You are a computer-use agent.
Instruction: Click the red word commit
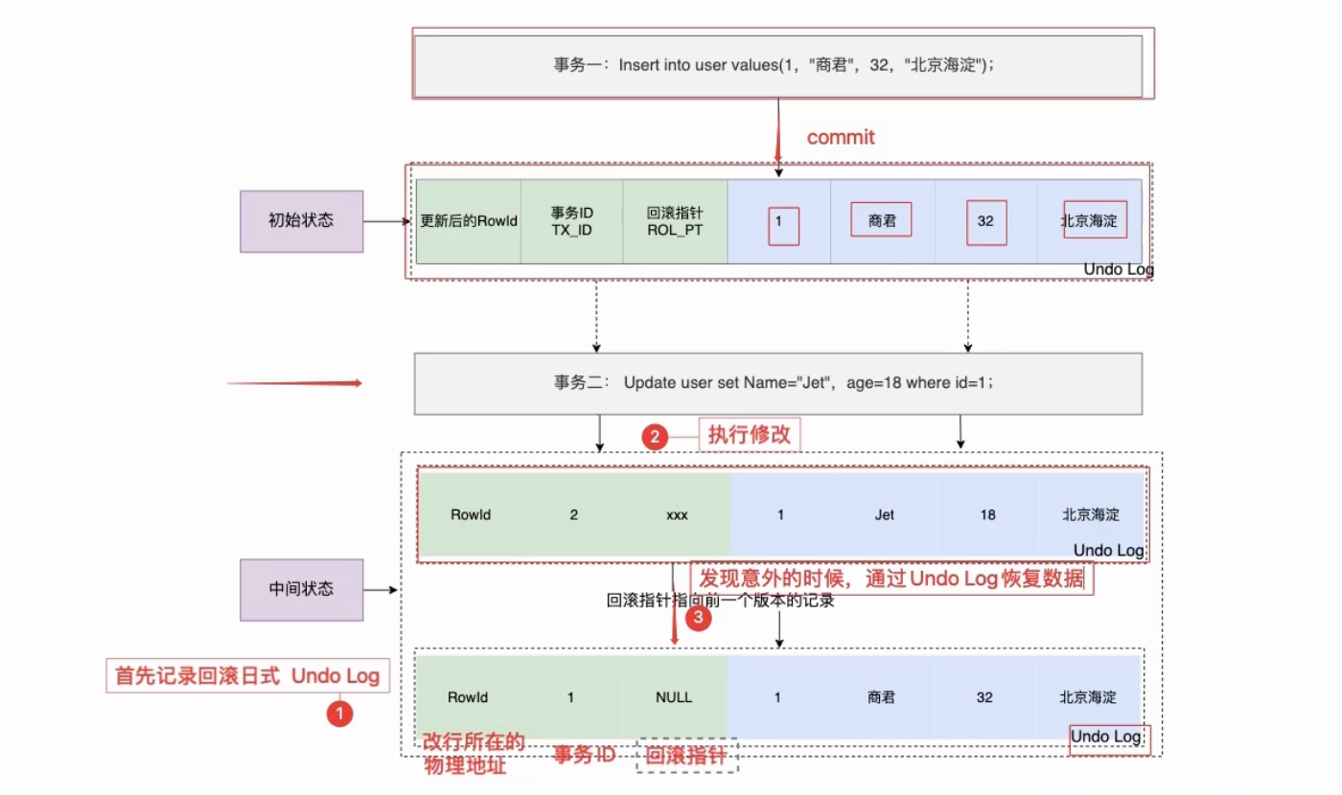841,137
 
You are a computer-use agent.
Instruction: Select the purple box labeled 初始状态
301,221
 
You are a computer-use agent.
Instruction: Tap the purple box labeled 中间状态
301,590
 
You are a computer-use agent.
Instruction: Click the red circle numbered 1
339,714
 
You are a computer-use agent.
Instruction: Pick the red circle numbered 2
655,437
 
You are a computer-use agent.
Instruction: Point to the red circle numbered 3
698,618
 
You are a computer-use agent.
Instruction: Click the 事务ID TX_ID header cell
571,221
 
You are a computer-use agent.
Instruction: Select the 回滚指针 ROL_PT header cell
675,221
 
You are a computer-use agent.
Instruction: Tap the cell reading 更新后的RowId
469,221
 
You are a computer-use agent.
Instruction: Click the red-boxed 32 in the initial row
986,222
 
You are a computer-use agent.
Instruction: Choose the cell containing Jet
884,515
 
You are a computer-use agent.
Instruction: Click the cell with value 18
988,515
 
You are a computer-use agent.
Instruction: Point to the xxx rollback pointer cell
677,515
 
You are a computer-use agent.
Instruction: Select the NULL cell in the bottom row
674,697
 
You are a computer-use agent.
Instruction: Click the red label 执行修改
750,435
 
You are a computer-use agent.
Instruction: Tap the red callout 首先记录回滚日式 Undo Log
247,676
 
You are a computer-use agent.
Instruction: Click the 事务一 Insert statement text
774,65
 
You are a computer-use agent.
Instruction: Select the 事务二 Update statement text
774,382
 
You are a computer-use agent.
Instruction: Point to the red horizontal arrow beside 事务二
294,383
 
